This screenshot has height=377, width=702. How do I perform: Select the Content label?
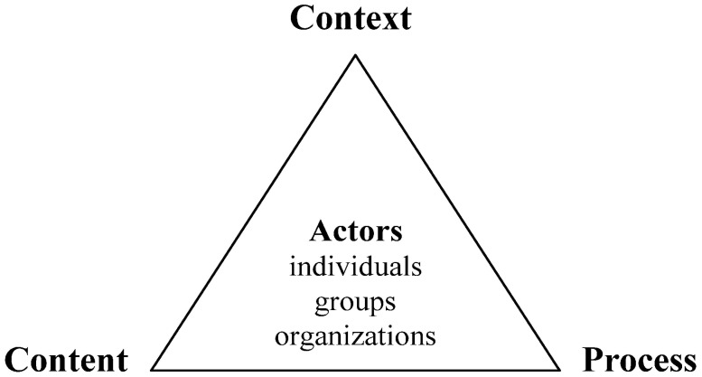[64, 359]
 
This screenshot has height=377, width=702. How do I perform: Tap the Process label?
[636, 359]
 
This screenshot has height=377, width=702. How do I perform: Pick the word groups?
[355, 302]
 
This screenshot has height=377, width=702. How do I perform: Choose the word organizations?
[355, 335]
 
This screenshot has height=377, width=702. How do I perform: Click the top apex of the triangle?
[355, 56]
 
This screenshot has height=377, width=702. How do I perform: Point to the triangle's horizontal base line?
[355, 371]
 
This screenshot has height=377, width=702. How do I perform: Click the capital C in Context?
[302, 18]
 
